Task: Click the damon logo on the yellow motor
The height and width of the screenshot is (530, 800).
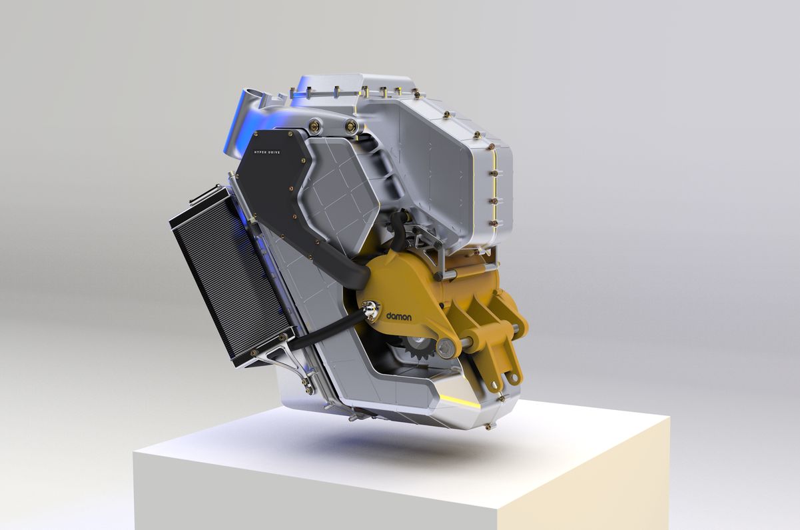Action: click(x=398, y=317)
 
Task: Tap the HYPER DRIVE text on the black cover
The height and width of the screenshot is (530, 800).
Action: click(x=267, y=152)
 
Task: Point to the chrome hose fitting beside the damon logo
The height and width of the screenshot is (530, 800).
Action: click(x=370, y=309)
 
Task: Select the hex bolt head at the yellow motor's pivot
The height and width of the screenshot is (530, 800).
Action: click(x=446, y=347)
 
